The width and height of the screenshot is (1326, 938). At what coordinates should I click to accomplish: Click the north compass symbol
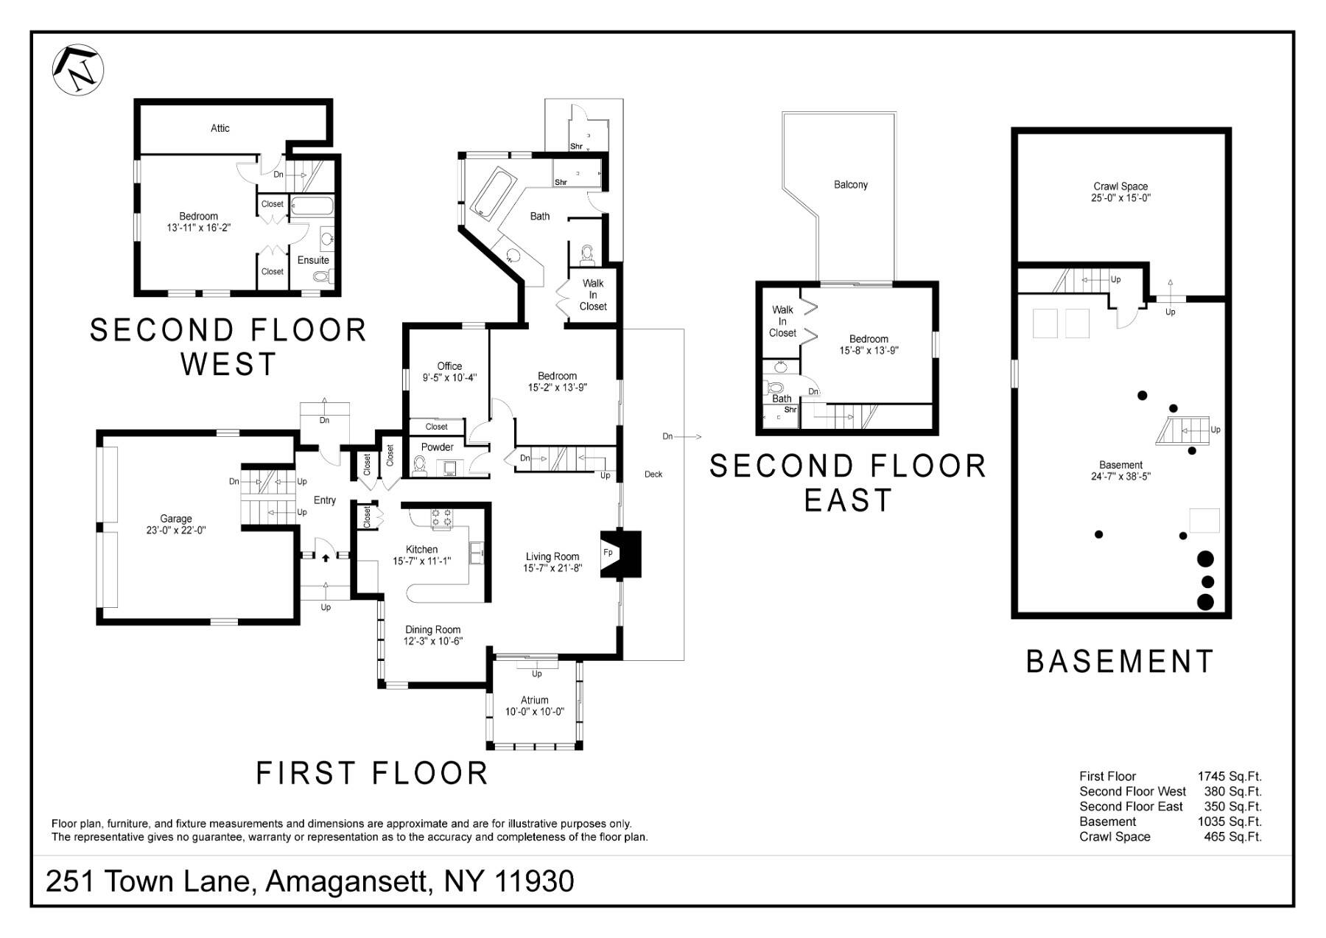[78, 69]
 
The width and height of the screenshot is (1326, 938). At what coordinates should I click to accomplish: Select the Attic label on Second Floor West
[220, 128]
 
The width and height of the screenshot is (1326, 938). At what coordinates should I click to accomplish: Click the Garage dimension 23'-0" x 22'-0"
[176, 530]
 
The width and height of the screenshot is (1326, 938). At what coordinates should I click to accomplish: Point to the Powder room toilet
[420, 466]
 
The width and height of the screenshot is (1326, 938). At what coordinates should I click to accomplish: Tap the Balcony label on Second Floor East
[850, 185]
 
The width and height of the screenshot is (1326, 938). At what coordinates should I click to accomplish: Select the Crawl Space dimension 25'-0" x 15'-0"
[1120, 198]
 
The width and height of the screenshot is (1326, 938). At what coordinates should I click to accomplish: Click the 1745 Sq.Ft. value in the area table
[1229, 776]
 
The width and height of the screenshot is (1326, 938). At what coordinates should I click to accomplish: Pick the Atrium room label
[534, 700]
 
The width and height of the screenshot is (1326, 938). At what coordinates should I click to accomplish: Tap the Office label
[449, 366]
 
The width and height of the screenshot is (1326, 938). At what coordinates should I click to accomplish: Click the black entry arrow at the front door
[326, 558]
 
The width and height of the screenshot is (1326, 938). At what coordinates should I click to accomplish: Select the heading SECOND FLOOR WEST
[228, 346]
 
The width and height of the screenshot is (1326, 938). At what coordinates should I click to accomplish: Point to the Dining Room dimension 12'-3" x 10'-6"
[432, 641]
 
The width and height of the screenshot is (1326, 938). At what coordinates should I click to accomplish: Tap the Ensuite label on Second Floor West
[313, 260]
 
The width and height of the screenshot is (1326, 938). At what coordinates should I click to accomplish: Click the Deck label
[653, 475]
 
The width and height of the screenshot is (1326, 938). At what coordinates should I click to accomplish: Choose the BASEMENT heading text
[1120, 662]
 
